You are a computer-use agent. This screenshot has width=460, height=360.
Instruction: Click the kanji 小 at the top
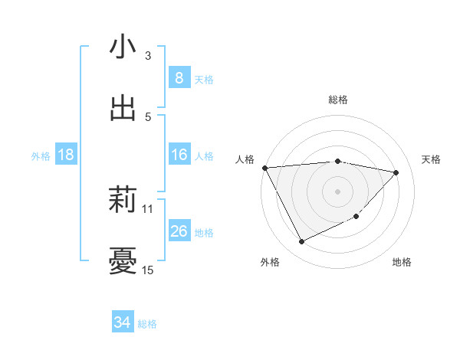pos(123,47)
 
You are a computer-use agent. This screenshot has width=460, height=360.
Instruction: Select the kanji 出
pos(123,108)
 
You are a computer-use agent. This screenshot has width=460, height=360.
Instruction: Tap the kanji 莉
pos(123,200)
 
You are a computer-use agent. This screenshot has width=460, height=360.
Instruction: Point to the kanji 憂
pos(123,261)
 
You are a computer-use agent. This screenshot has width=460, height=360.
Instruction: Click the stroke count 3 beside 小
pos(148,55)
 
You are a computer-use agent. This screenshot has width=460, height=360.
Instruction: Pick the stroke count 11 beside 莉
pos(148,208)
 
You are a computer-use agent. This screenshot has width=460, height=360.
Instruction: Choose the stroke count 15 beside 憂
pos(148,270)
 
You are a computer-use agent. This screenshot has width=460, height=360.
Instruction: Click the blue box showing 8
pos(179,78)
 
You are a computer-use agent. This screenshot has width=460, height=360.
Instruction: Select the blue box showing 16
pos(179,155)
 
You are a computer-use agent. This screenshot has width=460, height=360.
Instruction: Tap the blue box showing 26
pos(179,231)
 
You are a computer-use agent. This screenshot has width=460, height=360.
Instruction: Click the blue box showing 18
pos(66,155)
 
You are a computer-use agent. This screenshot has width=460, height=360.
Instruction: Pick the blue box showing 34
pos(123,323)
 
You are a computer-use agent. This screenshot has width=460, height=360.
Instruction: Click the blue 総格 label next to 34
pos(148,324)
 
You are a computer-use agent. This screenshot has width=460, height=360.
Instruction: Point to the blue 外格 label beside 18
pos(41,155)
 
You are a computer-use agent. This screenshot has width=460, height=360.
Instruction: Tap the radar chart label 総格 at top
pos(338,100)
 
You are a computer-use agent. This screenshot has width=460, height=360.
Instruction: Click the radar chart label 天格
pos(431,159)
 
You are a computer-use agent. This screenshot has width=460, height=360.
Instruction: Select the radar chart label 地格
pos(402,262)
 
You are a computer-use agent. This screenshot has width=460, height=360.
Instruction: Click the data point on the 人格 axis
pos(264,168)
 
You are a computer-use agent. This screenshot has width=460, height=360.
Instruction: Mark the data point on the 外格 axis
pos(301,242)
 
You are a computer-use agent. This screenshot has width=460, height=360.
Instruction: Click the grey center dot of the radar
pos(338,191)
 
